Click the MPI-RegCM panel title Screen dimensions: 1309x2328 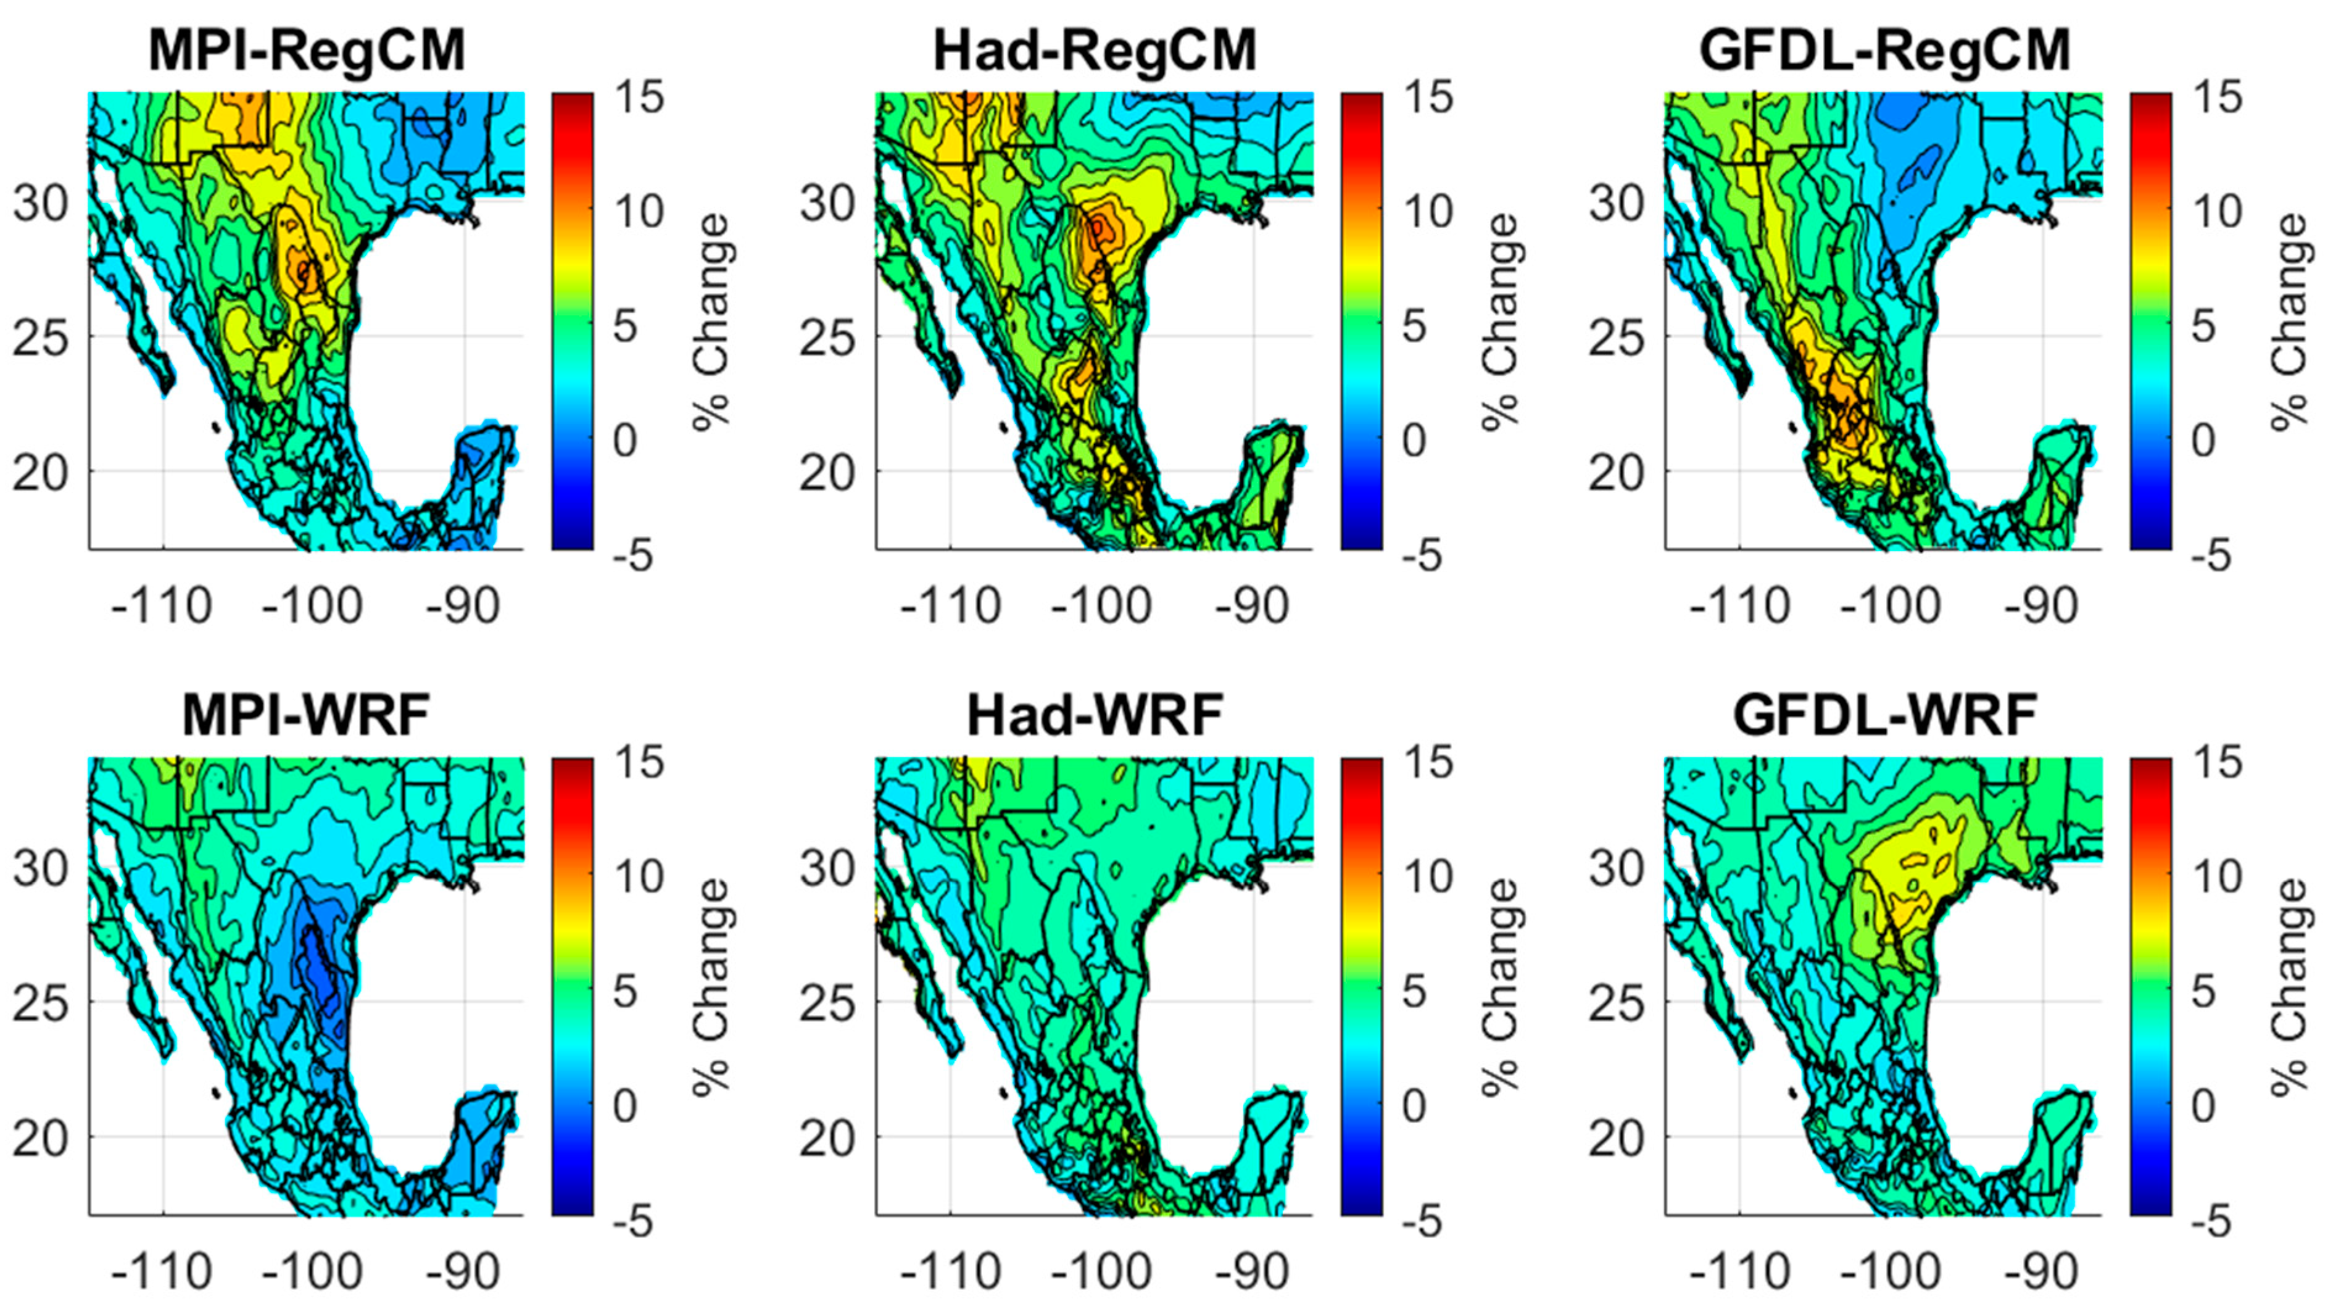click(x=307, y=51)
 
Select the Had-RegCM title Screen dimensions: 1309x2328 click(x=1095, y=51)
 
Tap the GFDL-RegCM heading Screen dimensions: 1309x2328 click(x=1885, y=51)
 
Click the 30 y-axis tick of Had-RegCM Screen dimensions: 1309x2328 click(x=827, y=204)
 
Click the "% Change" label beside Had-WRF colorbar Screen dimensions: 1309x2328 click(x=1500, y=987)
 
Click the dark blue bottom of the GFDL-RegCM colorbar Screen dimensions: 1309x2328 click(x=2151, y=541)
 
